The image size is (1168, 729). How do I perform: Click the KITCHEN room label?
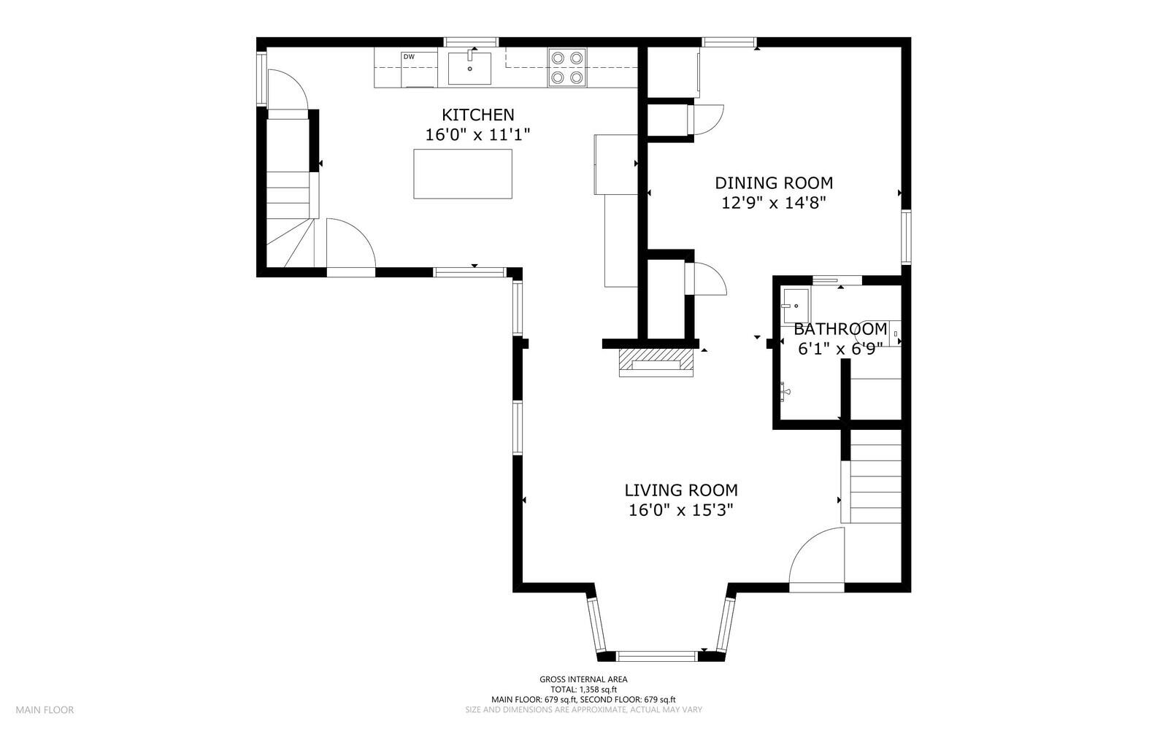tap(477, 115)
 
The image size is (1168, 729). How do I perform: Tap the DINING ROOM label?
tap(774, 183)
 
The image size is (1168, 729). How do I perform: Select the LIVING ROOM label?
tap(681, 490)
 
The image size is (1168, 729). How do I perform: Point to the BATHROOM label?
tap(840, 329)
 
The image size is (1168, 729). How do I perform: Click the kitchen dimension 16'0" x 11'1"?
tap(477, 135)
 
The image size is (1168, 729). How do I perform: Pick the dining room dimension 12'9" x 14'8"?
tap(774, 203)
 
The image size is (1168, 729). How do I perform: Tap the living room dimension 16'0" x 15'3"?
tap(681, 510)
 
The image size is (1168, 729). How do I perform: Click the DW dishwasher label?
tap(410, 57)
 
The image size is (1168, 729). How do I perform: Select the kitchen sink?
tap(469, 68)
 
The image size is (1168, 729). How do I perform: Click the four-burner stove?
tap(566, 67)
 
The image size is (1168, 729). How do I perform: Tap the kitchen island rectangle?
tap(463, 174)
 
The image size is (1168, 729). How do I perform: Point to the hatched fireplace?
tap(656, 363)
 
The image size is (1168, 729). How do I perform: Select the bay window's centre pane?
tap(656, 656)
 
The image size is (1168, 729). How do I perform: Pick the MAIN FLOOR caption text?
tap(45, 710)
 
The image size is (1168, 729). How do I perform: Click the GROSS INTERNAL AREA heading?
tap(583, 679)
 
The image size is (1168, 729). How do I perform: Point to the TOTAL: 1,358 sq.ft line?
tap(583, 690)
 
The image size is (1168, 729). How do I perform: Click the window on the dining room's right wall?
tap(906, 237)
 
